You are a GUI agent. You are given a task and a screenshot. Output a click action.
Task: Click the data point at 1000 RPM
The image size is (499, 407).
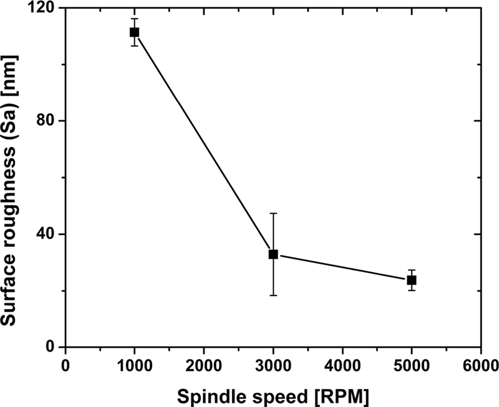click(134, 32)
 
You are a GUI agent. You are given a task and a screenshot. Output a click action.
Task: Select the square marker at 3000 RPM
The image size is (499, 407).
click(273, 254)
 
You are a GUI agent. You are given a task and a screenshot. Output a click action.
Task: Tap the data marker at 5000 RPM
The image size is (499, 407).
click(412, 280)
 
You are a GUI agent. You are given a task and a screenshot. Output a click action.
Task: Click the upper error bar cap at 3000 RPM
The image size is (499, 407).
click(273, 213)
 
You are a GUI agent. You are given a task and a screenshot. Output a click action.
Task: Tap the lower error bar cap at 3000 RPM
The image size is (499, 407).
click(273, 295)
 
